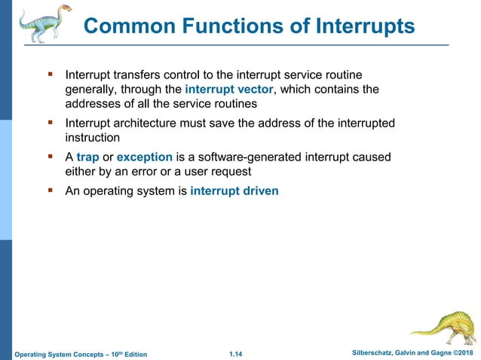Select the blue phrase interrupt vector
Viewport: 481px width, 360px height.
click(228, 90)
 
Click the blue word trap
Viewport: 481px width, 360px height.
click(87, 157)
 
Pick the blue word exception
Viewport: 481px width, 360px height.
click(145, 157)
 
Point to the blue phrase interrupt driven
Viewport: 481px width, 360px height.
click(234, 191)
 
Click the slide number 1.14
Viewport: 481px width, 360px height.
click(238, 353)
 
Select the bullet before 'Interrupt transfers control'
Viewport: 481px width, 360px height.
click(51, 75)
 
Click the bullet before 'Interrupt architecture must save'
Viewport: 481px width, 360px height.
click(51, 123)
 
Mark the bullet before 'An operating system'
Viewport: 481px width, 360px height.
click(51, 191)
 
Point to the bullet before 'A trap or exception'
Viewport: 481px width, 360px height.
click(51, 157)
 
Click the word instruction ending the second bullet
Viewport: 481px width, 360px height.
click(93, 138)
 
